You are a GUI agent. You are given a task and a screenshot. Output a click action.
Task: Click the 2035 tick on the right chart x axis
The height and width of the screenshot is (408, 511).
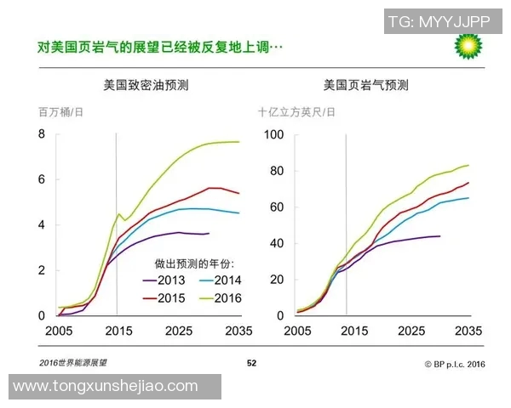point(469,331)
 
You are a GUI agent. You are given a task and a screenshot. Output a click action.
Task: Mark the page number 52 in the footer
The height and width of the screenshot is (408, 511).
point(251,362)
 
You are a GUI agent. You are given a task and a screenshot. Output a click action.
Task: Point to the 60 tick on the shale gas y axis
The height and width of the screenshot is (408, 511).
point(276,207)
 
